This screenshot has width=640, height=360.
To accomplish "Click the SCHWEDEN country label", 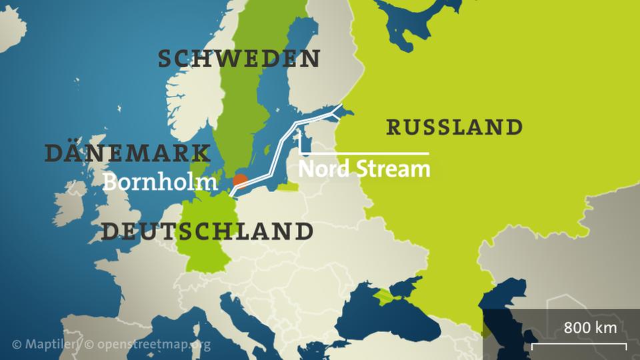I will pyautogui.click(x=239, y=59).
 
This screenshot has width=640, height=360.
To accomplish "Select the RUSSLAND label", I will pyautogui.click(x=454, y=127).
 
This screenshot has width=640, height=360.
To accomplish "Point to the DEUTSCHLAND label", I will pyautogui.click(x=207, y=231).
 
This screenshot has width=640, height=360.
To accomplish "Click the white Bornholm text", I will pyautogui.click(x=159, y=181).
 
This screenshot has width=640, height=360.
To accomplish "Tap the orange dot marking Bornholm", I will pyautogui.click(x=240, y=181).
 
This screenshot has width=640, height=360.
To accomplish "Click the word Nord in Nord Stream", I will pyautogui.click(x=323, y=169).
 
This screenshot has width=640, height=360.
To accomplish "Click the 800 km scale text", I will pyautogui.click(x=590, y=327).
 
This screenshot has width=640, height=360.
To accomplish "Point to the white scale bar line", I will pyautogui.click(x=579, y=345).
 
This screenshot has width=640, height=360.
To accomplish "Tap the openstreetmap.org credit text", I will pyautogui.click(x=147, y=345).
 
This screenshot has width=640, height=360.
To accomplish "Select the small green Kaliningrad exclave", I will pyautogui.click(x=288, y=187).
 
